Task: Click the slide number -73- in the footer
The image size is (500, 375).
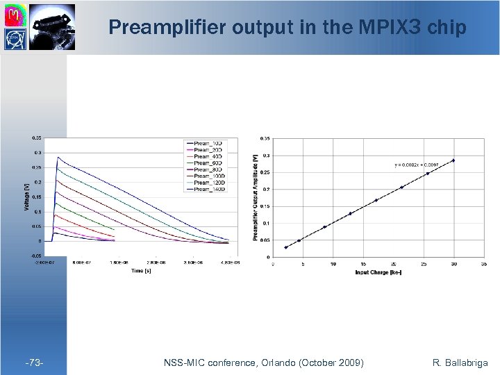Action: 34,362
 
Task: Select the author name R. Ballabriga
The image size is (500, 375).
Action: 460,362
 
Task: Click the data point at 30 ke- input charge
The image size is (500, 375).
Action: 453,160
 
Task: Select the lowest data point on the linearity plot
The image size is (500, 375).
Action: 285,247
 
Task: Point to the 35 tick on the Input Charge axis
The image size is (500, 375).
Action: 483,264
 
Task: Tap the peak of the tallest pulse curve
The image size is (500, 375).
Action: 58,158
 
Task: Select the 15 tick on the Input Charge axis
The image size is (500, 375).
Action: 363,264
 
